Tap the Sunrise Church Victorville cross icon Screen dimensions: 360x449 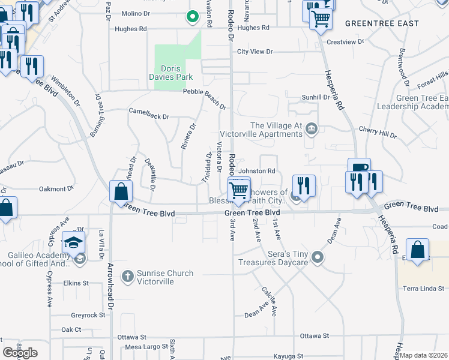click(127, 277)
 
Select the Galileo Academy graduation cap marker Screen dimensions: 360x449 click(74, 243)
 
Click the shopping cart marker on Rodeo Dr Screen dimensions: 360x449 click(239, 190)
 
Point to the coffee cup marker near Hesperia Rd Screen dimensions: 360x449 click(359, 169)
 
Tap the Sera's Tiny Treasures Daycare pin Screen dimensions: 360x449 click(318, 259)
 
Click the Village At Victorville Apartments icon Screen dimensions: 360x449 click(312, 127)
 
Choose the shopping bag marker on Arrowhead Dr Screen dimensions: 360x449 click(121, 191)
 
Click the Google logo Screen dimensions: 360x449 click(20, 353)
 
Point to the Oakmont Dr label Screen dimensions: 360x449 click(55, 189)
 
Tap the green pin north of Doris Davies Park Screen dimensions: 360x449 click(192, 17)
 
